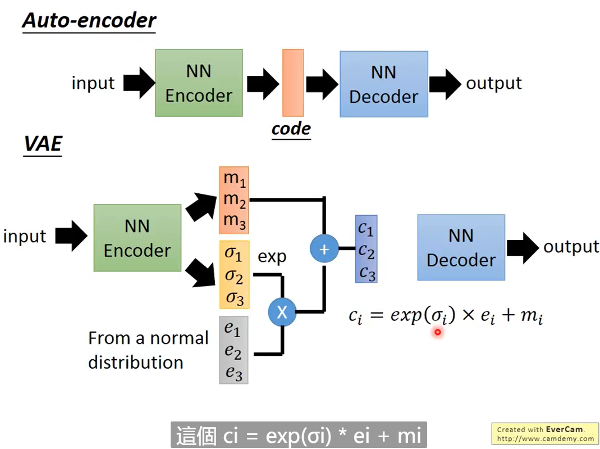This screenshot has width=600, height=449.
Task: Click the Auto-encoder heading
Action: tap(89, 21)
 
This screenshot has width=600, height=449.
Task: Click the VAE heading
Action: tap(42, 144)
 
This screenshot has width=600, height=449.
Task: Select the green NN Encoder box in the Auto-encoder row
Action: tap(199, 83)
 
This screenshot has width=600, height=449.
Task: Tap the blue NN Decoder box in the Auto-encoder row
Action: tap(383, 84)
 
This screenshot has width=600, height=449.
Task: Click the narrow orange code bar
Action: tap(293, 83)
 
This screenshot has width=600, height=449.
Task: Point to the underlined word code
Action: tap(291, 129)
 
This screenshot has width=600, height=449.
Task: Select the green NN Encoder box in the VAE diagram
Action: tap(137, 238)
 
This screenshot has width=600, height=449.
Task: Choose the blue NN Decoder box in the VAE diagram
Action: tap(461, 247)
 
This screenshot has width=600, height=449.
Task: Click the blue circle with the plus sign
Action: tap(324, 248)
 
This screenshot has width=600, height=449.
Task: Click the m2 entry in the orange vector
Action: tap(235, 199)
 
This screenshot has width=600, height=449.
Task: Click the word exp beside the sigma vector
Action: tap(272, 257)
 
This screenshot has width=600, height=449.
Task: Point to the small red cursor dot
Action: tap(437, 333)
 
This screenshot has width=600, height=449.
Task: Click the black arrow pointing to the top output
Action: tap(445, 84)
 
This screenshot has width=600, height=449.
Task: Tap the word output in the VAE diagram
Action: tap(571, 247)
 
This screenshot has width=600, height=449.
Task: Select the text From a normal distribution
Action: tap(148, 350)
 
